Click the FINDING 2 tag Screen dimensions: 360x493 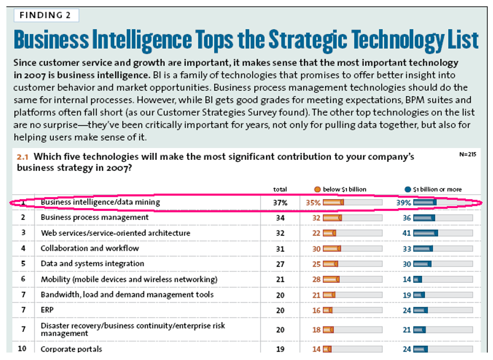click(x=45, y=15)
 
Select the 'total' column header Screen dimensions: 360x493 click(x=280, y=189)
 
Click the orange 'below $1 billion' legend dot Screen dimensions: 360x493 click(x=318, y=189)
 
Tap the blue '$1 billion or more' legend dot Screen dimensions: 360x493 click(x=408, y=189)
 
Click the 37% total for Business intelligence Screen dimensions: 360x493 click(x=280, y=203)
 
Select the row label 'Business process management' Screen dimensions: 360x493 click(x=95, y=218)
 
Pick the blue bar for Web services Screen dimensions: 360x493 click(x=425, y=233)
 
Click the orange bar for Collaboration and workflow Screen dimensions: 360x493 click(x=332, y=249)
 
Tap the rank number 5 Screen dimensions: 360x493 click(x=23, y=264)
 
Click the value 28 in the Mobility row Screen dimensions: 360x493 click(x=317, y=280)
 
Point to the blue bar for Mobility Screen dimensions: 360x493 click(x=417, y=280)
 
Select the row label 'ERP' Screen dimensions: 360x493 click(x=47, y=310)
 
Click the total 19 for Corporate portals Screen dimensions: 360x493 click(x=280, y=349)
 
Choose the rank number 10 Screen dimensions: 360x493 click(x=23, y=349)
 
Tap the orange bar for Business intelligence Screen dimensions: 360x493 click(x=333, y=203)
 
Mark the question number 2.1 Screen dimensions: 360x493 click(x=22, y=158)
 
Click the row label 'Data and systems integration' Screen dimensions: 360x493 click(x=92, y=264)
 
